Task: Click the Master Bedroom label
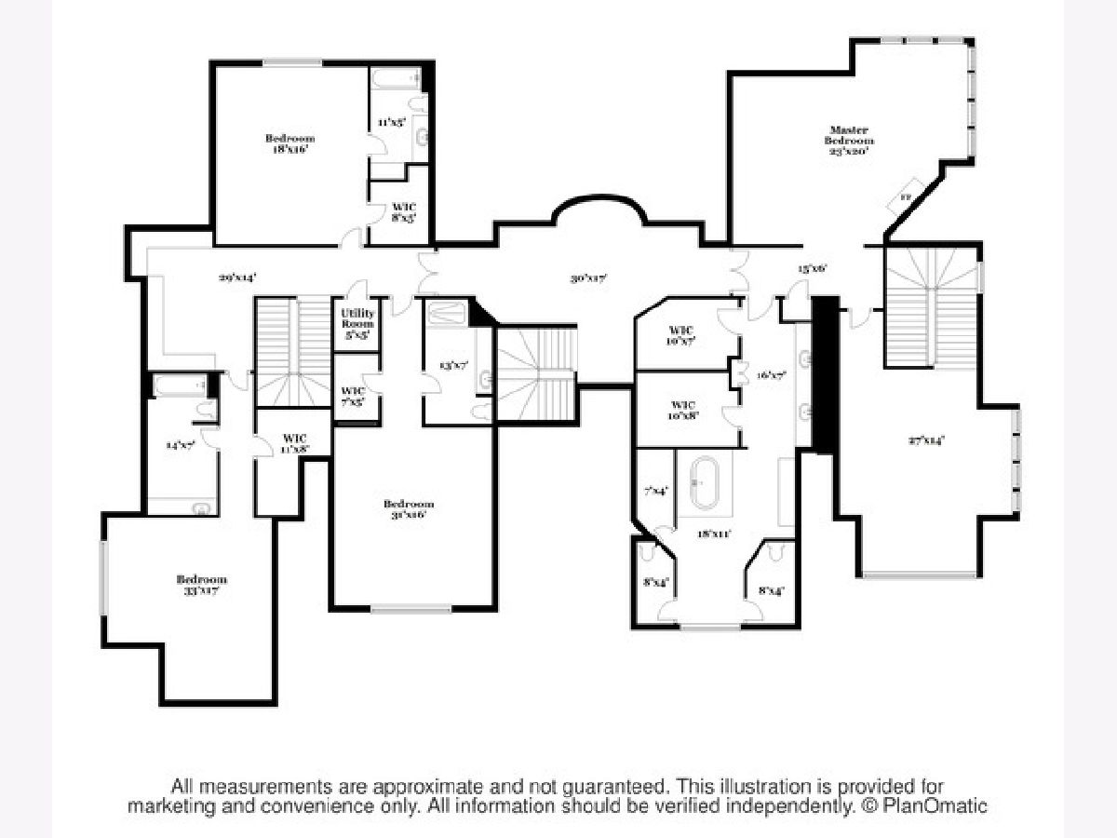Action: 848,140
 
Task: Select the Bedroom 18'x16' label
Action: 289,143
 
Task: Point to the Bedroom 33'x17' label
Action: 202,585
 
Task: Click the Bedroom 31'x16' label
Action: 409,509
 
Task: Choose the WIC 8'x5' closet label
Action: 403,211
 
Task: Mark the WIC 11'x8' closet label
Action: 293,443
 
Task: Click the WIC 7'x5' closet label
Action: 352,396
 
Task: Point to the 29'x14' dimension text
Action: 237,277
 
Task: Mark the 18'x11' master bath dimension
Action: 714,534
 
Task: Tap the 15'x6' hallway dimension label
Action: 812,268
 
